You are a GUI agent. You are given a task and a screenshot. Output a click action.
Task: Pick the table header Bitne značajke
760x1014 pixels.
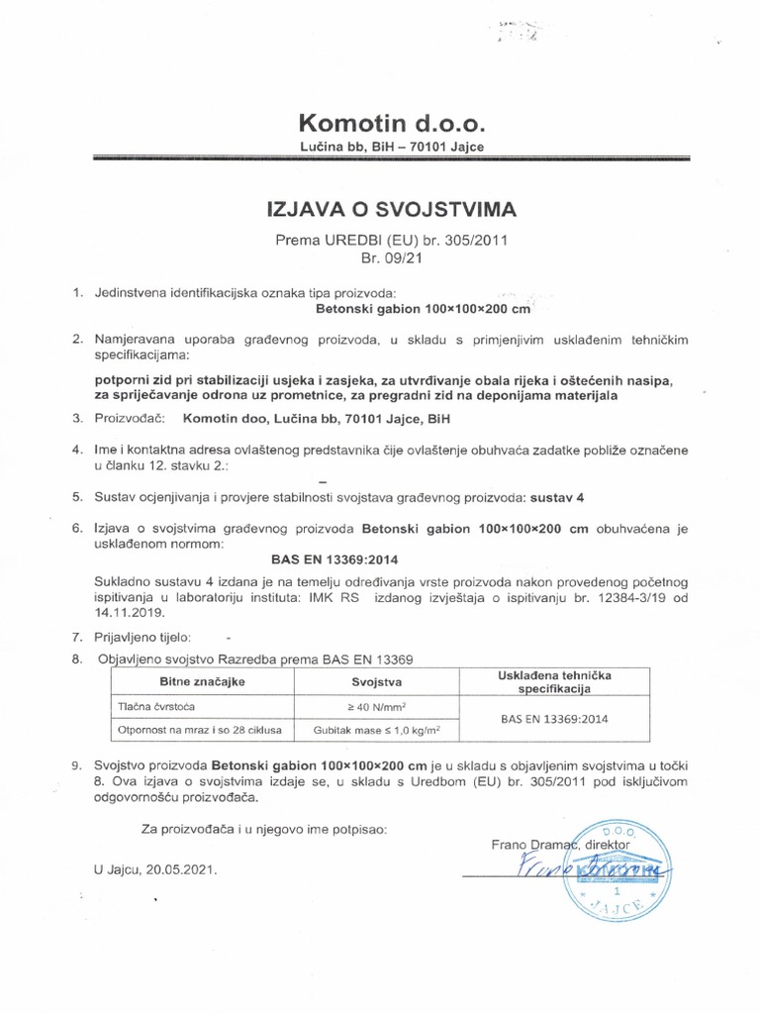pyautogui.click(x=195, y=682)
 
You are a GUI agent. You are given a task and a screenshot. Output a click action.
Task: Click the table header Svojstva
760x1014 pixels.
pyautogui.click(x=376, y=682)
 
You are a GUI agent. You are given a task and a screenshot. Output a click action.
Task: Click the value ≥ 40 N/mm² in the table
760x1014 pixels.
pyautogui.click(x=376, y=707)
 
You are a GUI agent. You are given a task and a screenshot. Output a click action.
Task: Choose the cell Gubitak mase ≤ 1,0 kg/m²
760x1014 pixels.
pyautogui.click(x=376, y=731)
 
